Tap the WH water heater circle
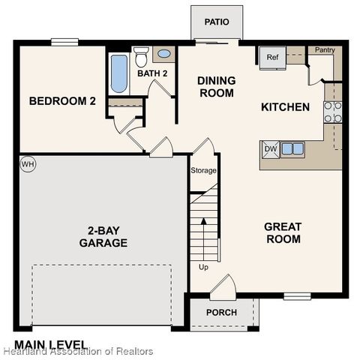[28, 164]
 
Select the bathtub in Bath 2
[118, 73]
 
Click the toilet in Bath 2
[141, 55]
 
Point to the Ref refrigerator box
[271, 57]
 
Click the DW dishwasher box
[270, 148]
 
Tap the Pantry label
[325, 50]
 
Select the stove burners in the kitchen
[332, 112]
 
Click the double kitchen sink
[292, 148]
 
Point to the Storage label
[202, 170]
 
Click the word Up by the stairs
[203, 267]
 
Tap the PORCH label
[221, 312]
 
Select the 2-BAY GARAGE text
[103, 237]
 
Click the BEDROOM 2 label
[62, 100]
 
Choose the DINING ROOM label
[216, 87]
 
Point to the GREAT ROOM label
[283, 232]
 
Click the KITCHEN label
[285, 107]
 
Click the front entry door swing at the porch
[223, 286]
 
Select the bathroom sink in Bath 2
[163, 53]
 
